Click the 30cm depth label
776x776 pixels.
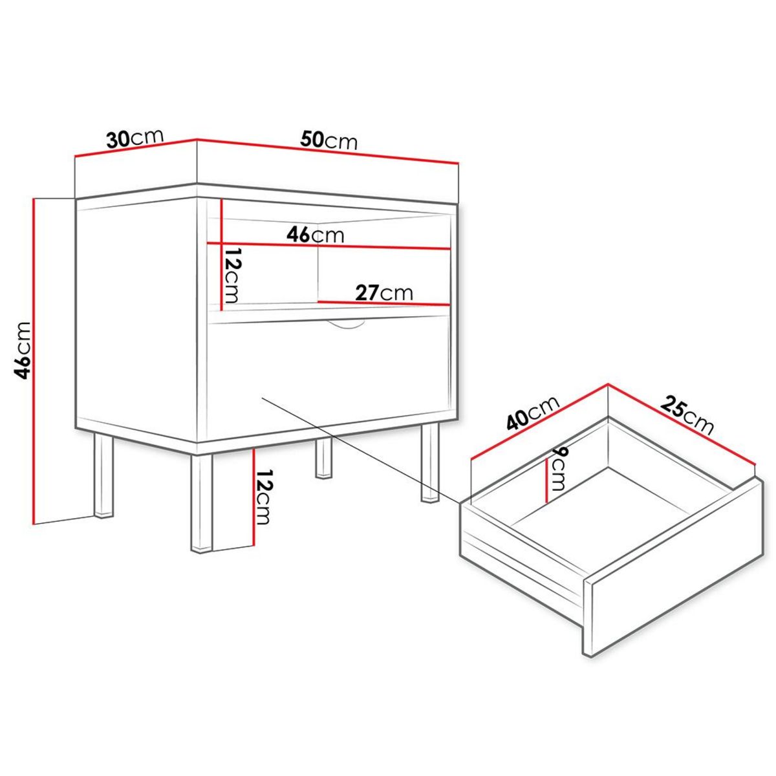(x=135, y=138)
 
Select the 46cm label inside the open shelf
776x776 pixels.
(x=316, y=235)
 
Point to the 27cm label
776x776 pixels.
(x=383, y=293)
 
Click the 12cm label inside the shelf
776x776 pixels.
(x=232, y=275)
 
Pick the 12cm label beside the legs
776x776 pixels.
(x=264, y=497)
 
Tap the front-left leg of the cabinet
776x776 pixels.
(x=201, y=503)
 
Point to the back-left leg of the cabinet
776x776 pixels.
(x=104, y=475)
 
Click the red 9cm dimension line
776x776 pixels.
(x=546, y=481)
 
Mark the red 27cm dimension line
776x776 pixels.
(x=383, y=303)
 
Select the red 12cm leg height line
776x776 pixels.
(x=253, y=498)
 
